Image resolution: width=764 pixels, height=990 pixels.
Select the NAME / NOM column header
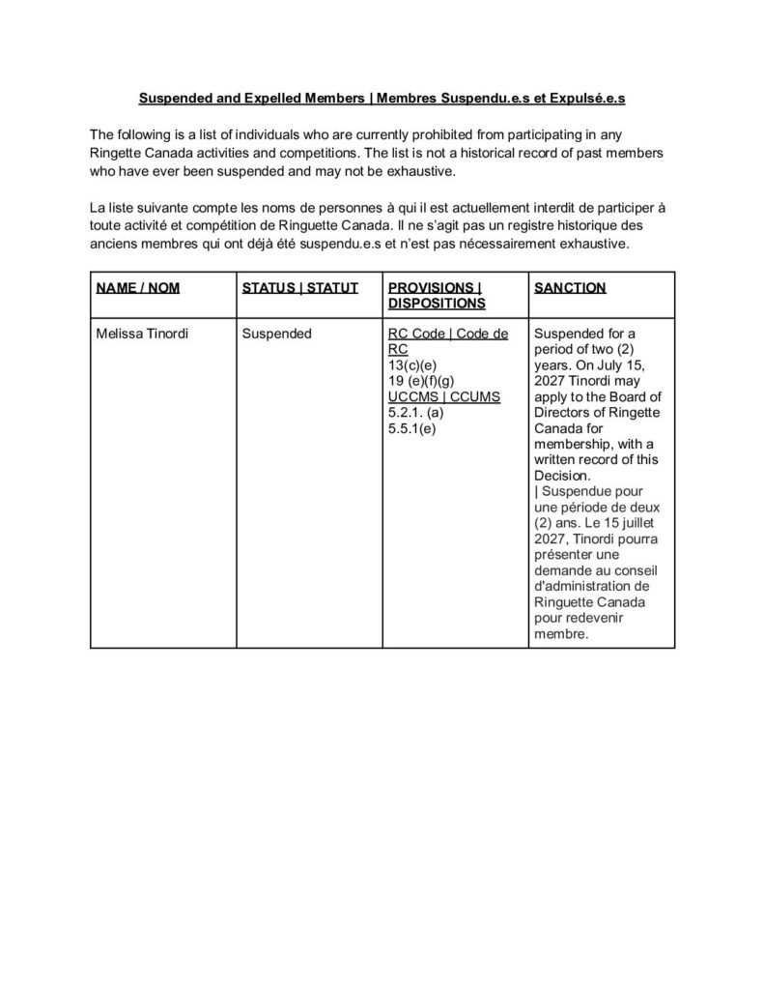tap(138, 288)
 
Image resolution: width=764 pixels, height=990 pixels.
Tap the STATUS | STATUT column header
tap(299, 288)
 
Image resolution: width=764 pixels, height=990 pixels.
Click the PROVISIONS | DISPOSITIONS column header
tap(435, 295)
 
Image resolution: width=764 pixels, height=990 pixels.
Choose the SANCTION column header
tap(570, 288)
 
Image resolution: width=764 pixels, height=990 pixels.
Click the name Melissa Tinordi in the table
tap(143, 334)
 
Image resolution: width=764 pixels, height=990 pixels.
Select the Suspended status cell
tap(276, 334)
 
